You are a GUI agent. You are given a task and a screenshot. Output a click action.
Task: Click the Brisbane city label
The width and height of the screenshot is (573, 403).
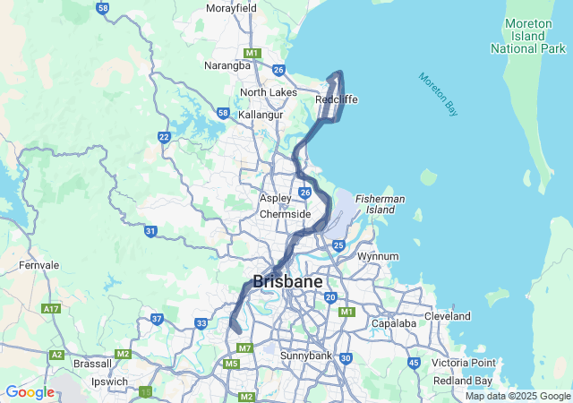pyautogui.click(x=287, y=281)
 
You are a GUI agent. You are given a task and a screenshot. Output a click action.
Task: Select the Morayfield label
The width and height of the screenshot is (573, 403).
pyautogui.click(x=231, y=8)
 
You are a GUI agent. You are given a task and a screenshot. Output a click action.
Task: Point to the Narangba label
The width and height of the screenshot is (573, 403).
pyautogui.click(x=227, y=65)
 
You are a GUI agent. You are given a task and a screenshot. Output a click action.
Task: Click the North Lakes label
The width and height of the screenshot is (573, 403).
pyautogui.click(x=268, y=92)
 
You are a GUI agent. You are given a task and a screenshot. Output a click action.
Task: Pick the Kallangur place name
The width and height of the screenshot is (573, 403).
pyautogui.click(x=261, y=115)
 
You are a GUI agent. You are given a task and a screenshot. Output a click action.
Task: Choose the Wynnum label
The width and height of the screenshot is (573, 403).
pyautogui.click(x=377, y=256)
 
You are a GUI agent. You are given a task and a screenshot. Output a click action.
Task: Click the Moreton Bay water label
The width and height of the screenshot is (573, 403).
pyautogui.click(x=439, y=93)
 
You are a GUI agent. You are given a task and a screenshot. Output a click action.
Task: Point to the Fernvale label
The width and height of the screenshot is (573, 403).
pyautogui.click(x=38, y=265)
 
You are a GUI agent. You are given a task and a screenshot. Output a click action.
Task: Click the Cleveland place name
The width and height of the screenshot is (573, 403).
pyautogui.click(x=447, y=316)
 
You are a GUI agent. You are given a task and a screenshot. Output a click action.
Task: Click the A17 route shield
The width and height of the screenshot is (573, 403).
pyautogui.click(x=51, y=308)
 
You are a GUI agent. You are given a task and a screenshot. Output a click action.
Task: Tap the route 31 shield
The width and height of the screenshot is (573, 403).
pyautogui.click(x=150, y=231)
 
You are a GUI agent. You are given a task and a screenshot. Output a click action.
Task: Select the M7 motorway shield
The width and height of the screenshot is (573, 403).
pyautogui.click(x=244, y=347)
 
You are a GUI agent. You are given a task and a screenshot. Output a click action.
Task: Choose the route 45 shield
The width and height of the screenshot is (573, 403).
pyautogui.click(x=413, y=363)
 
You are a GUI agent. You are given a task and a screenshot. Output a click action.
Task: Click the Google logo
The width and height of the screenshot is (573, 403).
pyautogui.click(x=30, y=391)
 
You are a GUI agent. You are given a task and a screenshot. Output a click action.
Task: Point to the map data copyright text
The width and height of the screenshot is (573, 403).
pyautogui.click(x=518, y=396)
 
